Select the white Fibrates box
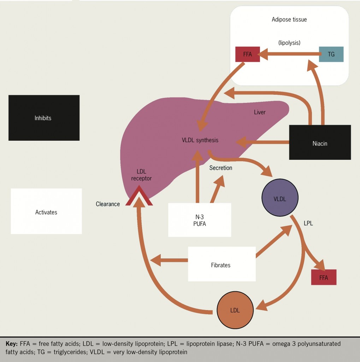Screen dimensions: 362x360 point(222,264)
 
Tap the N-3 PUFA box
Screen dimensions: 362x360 point(200,220)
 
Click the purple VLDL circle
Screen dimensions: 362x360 point(280,198)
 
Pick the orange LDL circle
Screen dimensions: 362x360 point(235,310)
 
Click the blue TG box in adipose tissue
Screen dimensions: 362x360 point(331,54)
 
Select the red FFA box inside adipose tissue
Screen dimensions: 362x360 point(248,54)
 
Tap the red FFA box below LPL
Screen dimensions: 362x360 point(324,277)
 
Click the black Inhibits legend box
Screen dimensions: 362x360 point(44,118)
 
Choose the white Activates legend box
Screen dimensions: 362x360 point(46,211)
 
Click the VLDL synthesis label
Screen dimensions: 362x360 point(200,140)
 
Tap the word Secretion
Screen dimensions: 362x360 point(220,168)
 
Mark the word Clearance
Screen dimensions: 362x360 point(108,204)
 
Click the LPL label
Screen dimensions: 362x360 point(308,224)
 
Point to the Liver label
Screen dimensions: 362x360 point(260,112)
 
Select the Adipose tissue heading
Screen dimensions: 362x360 point(289,20)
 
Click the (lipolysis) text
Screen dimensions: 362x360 point(289,42)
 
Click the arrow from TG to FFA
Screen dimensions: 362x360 point(289,54)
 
